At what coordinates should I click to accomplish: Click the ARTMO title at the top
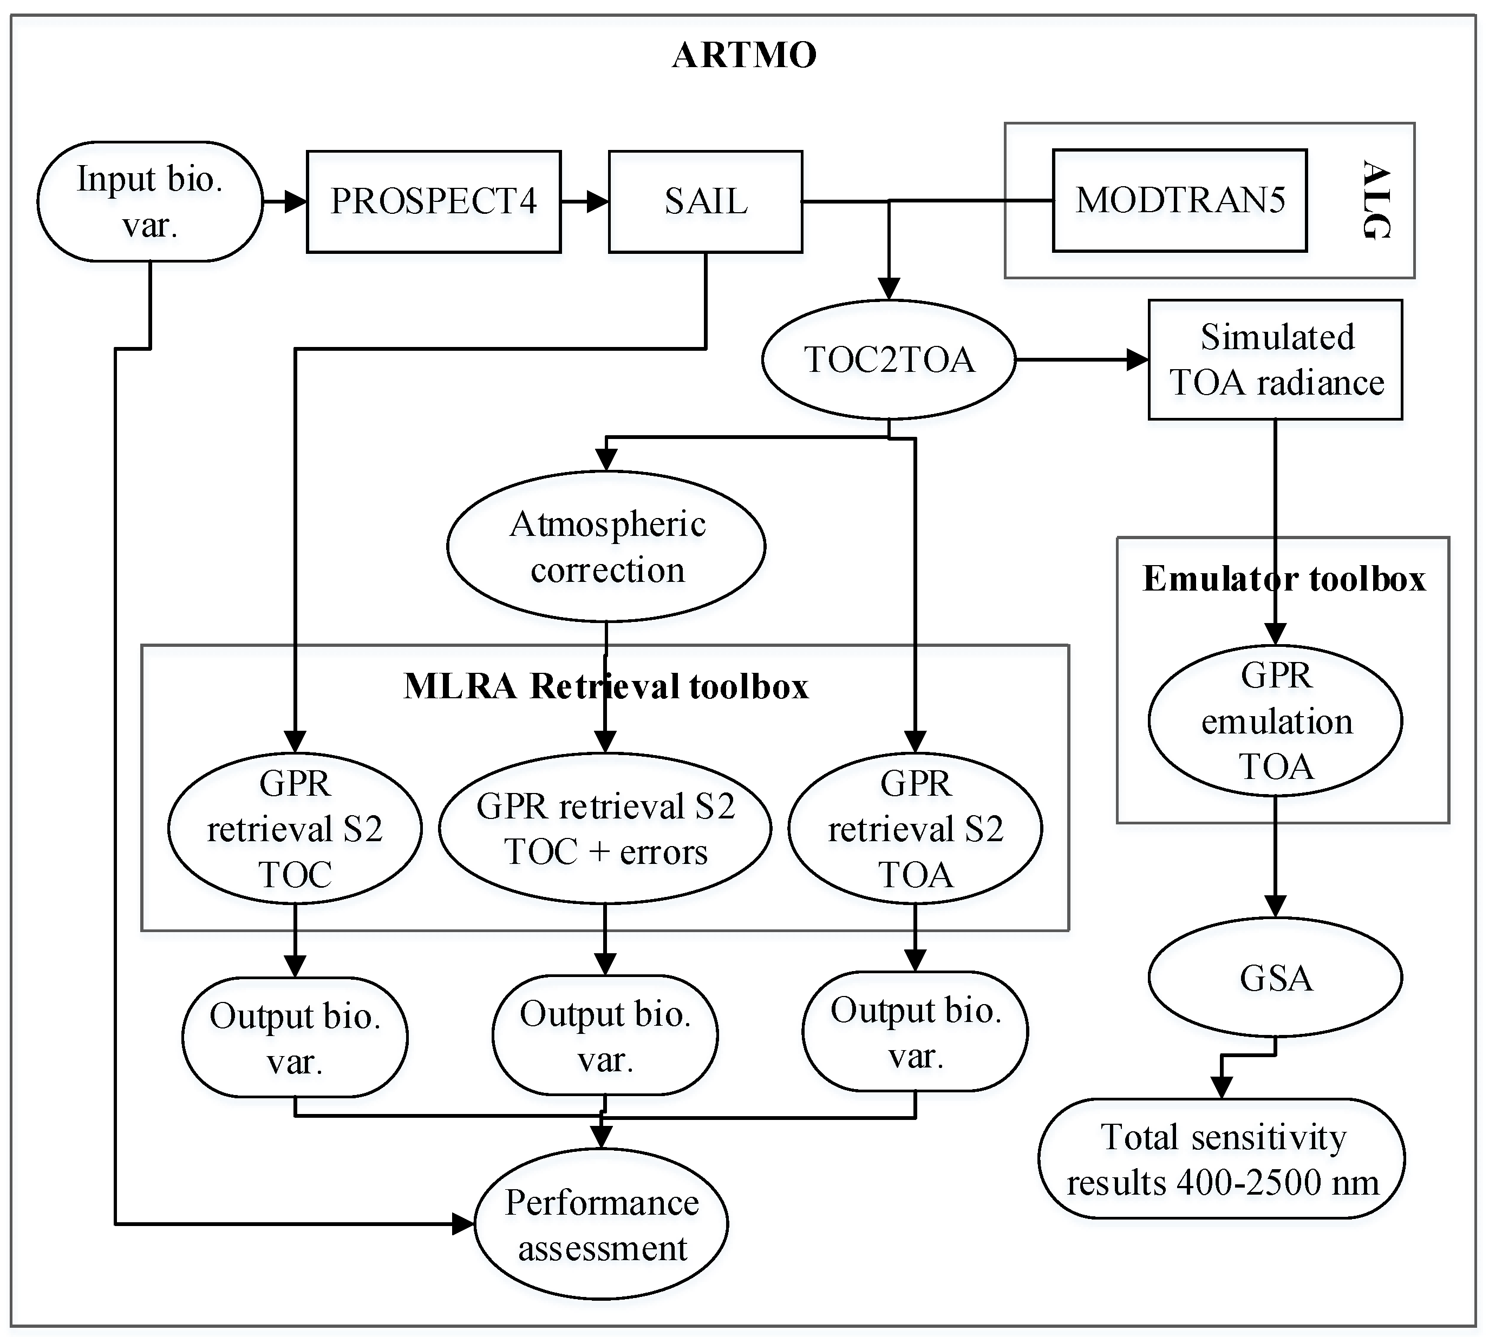(744, 55)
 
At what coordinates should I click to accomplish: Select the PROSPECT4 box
(434, 201)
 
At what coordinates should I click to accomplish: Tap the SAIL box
(706, 201)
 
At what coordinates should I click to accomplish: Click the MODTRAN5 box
(1180, 200)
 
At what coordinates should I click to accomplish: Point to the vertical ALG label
(1376, 200)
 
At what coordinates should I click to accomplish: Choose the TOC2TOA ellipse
(889, 360)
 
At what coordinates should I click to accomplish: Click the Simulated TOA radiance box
(1276, 360)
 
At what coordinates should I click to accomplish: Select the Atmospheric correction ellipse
(606, 547)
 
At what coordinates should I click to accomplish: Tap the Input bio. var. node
(150, 201)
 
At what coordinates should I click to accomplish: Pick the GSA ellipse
(1276, 978)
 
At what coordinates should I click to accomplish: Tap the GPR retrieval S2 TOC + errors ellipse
(605, 829)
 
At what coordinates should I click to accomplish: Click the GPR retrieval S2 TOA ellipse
(915, 829)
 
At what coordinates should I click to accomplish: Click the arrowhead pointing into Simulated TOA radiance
(1138, 360)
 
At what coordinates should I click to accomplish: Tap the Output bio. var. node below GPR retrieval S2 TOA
(915, 1032)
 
